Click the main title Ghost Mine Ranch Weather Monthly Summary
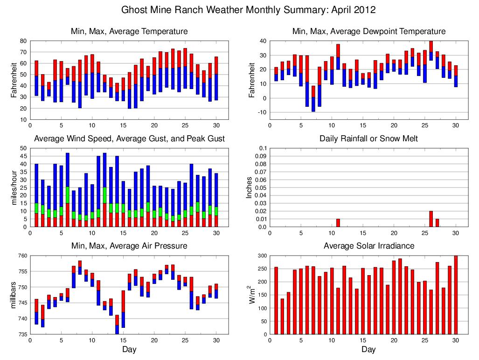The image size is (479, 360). click(248, 10)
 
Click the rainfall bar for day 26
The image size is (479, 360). click(430, 219)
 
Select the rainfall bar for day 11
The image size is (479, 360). click(338, 223)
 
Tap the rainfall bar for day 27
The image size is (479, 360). click(437, 223)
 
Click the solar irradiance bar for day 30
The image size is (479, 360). click(456, 295)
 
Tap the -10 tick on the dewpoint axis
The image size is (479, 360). click(263, 112)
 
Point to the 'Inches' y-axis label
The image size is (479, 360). click(249, 187)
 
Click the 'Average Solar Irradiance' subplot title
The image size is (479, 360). click(368, 246)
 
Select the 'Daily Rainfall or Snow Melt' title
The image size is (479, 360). click(368, 138)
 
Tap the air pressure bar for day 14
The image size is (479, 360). click(117, 325)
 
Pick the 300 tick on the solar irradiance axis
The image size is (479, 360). click(263, 256)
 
